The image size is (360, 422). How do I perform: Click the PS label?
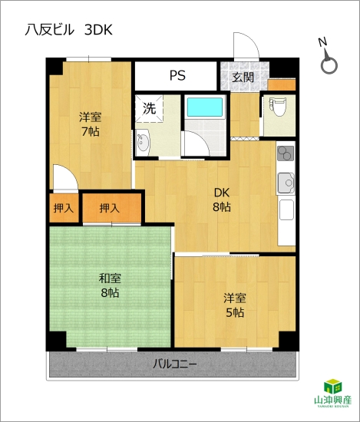(177, 76)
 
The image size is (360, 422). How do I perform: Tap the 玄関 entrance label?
(243, 77)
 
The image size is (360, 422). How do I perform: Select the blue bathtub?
(205, 107)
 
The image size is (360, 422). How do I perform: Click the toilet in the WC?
(277, 107)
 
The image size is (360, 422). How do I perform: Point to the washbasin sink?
(143, 142)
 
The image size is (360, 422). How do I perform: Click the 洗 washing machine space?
(149, 108)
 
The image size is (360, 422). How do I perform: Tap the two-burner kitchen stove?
(286, 153)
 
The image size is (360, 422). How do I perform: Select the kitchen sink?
(286, 183)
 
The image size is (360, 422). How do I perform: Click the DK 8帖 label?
(222, 200)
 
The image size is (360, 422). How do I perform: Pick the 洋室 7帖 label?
(91, 124)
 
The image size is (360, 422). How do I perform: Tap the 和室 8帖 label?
(110, 285)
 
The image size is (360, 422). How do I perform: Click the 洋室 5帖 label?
(235, 305)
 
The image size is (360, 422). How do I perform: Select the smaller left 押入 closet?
(64, 208)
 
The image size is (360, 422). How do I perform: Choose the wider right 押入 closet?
(112, 208)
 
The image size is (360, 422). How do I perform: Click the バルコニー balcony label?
(175, 364)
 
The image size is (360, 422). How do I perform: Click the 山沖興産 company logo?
(333, 393)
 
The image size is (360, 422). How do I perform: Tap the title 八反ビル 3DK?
(68, 30)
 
